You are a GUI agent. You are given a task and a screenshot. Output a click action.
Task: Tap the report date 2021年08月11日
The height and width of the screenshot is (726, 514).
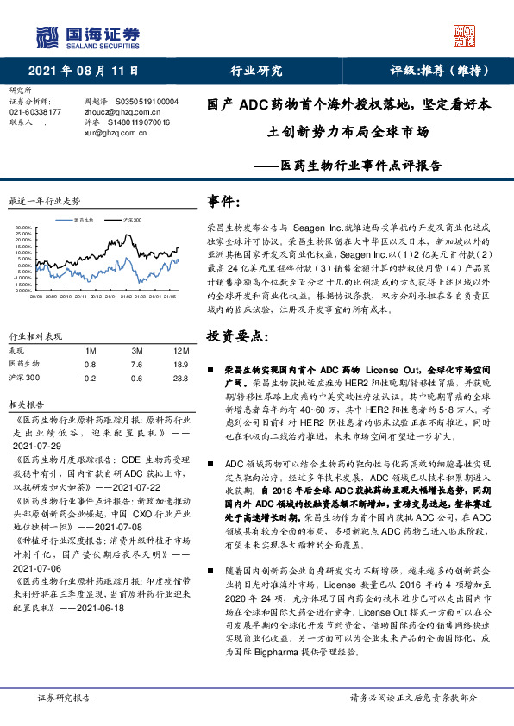[83, 71]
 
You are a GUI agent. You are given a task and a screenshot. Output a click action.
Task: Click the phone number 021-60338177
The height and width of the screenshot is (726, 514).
[35, 112]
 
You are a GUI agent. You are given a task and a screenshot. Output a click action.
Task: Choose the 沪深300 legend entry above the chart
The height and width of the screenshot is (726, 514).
[130, 220]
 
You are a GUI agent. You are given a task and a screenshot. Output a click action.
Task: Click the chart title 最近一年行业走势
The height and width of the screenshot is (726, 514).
[44, 201]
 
